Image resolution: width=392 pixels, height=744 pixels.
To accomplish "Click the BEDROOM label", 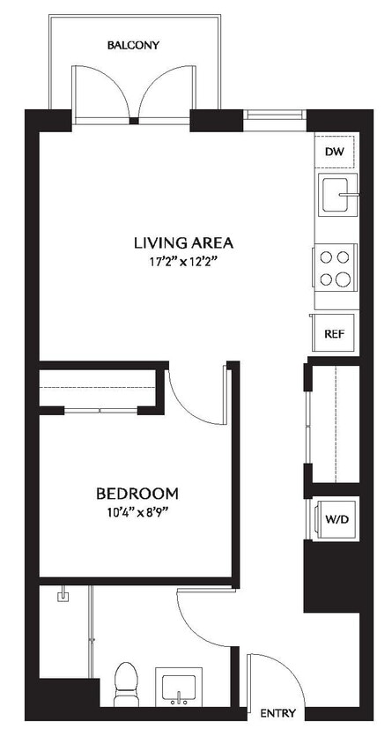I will tap(137, 493).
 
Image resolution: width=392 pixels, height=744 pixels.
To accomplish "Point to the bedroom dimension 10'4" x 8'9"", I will tap(137, 513).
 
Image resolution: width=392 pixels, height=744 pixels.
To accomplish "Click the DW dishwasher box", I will tap(334, 153).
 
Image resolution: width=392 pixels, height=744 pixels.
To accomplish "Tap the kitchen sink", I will tap(337, 195).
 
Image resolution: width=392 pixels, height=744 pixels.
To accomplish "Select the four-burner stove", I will tap(335, 268).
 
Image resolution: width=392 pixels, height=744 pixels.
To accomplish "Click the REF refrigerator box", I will tap(334, 333).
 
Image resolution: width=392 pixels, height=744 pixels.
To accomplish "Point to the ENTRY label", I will tap(278, 713).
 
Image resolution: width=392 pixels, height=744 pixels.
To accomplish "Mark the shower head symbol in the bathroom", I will tap(63, 597).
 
